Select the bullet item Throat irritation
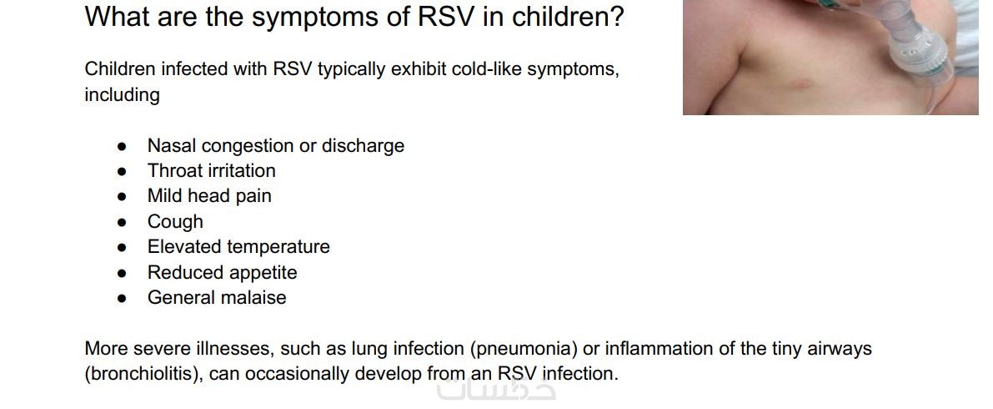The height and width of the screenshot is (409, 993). pos(212,170)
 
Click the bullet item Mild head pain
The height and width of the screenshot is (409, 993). pos(209,196)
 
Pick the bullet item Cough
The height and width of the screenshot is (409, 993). pos(175,221)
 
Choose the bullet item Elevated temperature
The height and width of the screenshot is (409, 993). pos(238,247)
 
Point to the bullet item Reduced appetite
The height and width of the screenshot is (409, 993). pos(223,273)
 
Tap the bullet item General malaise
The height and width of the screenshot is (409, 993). pos(217,297)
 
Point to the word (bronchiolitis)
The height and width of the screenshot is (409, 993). pos(143,374)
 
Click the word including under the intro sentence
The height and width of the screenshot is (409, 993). pos(123,95)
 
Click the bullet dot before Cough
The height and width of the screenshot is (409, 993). pos(123,223)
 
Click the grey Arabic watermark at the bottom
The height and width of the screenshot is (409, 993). pos(496,388)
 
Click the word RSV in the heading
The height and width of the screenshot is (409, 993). pos(445,17)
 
